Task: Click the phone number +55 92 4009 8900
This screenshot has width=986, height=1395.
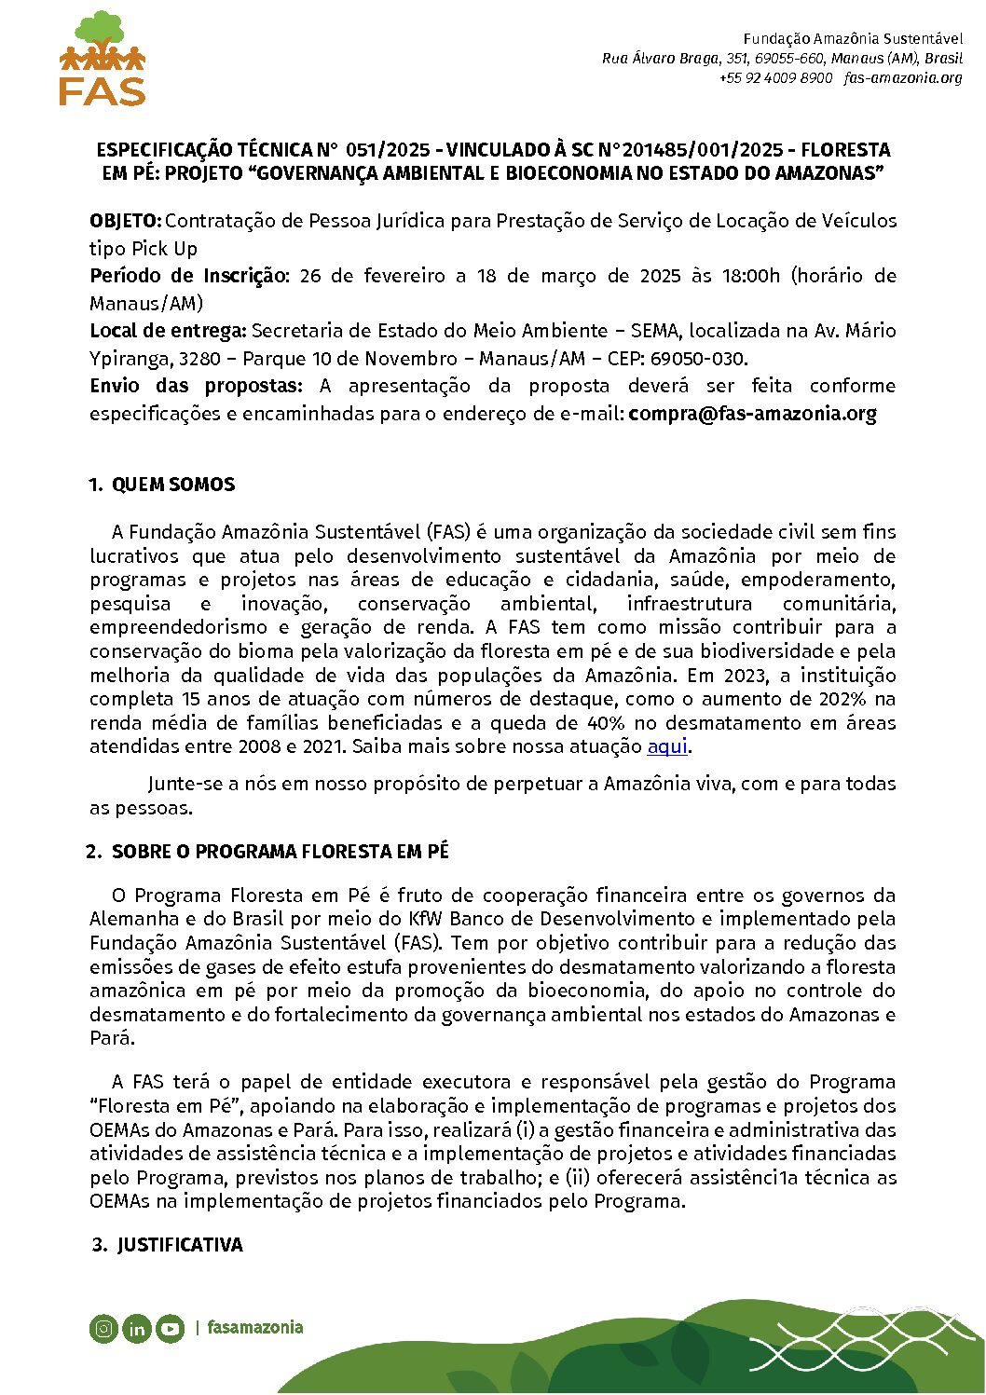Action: (775, 78)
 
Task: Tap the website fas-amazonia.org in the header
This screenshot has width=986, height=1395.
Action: (902, 78)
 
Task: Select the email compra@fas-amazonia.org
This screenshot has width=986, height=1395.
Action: (752, 414)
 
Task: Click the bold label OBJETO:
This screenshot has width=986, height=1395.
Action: (126, 221)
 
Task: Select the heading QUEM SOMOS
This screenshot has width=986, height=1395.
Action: (173, 485)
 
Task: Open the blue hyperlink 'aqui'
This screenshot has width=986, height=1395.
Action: (666, 746)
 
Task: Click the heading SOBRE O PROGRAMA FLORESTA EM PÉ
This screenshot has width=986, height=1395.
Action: (280, 852)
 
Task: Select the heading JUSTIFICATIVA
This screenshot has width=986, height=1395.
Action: (180, 1245)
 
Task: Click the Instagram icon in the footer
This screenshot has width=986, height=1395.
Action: (104, 1329)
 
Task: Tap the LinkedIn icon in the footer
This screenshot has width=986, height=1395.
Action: (137, 1329)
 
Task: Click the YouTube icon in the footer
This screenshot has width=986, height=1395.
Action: (170, 1329)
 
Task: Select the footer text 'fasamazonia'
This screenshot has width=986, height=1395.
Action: (254, 1327)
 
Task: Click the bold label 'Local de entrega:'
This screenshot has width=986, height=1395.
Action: (168, 331)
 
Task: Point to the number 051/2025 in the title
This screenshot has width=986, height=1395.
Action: (388, 150)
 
